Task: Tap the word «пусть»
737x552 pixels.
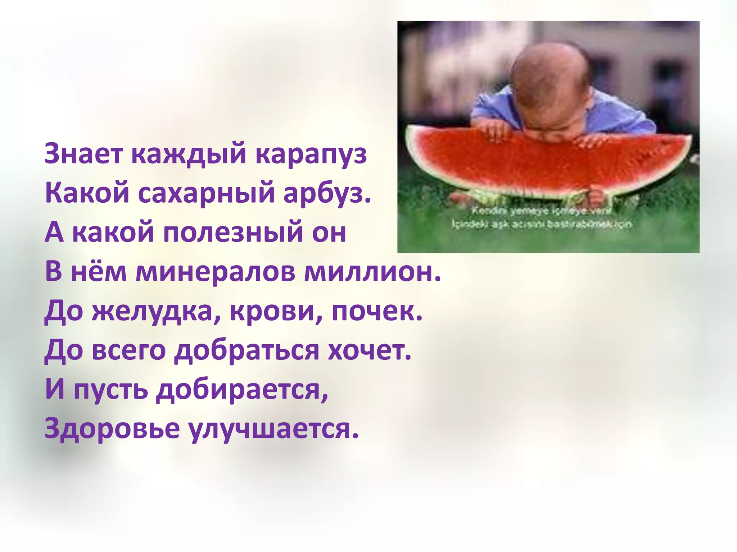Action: [x=111, y=391]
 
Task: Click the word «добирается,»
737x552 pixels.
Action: [x=242, y=391]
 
